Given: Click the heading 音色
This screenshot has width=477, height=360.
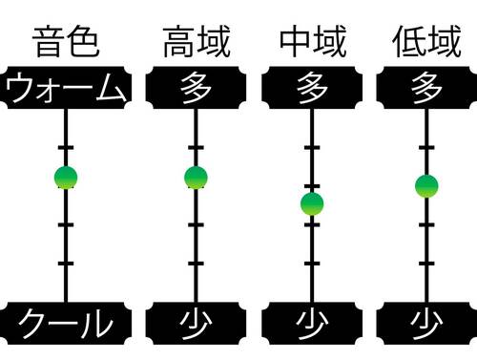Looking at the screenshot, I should (66, 43).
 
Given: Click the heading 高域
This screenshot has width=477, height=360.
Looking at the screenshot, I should (196, 43).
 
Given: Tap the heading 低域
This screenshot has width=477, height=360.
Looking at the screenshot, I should (425, 43).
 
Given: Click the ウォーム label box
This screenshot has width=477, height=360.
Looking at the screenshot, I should (66, 89).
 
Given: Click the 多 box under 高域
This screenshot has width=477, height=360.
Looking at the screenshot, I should (196, 89).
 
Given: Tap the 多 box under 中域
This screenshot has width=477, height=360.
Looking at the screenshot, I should (312, 89).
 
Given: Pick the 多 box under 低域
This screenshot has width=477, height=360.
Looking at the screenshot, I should (426, 89).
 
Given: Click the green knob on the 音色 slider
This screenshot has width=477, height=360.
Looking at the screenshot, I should (66, 177).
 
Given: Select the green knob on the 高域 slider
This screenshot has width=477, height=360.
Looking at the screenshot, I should (196, 178).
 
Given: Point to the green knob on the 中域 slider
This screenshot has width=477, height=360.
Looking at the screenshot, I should (312, 203).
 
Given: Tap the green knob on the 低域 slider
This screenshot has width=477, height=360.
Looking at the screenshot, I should (426, 185).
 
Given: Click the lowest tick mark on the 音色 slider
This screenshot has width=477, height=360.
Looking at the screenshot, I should (66, 263).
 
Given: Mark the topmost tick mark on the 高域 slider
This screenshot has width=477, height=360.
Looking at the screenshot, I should (196, 148).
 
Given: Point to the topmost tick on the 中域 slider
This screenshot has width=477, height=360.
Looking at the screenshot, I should (312, 148).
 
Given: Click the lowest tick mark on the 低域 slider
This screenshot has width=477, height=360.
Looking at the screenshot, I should (426, 263).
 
